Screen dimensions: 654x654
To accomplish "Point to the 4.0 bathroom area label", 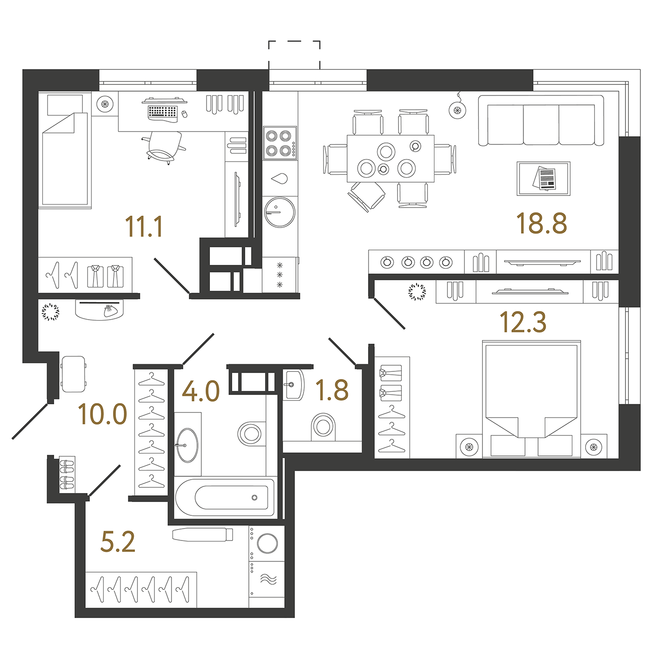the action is (x=200, y=391).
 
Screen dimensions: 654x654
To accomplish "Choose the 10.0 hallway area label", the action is (x=102, y=415).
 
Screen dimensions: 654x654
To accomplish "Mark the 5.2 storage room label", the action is (x=118, y=542).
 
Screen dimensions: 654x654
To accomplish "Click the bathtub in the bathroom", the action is (x=225, y=498).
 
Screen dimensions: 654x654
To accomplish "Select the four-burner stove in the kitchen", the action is (x=280, y=143).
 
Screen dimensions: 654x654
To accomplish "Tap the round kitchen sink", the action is (x=280, y=212).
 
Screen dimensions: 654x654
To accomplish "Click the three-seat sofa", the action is (x=541, y=121).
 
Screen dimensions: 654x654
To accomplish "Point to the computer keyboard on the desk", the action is (x=162, y=112).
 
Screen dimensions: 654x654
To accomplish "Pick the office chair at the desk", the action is (x=164, y=147).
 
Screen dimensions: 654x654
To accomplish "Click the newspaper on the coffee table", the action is (x=544, y=178).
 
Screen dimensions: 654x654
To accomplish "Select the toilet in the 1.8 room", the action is (x=323, y=426).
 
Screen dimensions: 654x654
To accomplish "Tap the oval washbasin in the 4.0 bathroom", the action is (x=188, y=445).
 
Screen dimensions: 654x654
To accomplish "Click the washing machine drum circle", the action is (x=267, y=543).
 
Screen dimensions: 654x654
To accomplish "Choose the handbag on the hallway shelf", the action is (x=109, y=311).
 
